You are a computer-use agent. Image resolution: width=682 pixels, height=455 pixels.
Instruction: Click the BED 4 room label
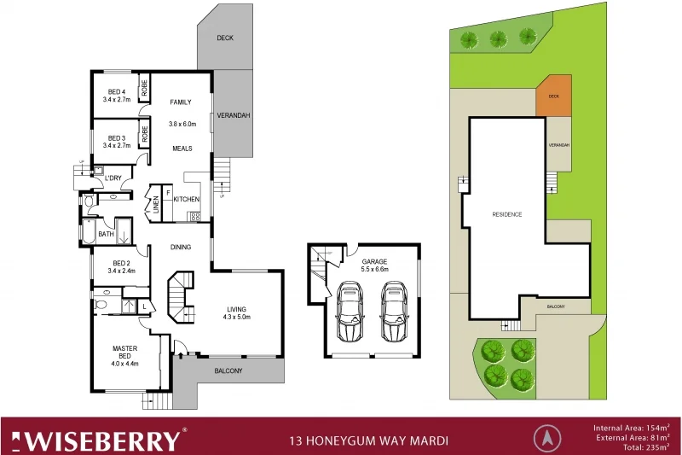tap(118, 92)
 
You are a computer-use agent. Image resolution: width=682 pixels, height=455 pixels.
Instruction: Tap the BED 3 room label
tap(118, 137)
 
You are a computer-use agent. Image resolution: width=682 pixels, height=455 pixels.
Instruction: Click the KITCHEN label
tap(187, 200)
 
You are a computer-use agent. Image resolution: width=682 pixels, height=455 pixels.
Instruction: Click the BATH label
tap(106, 233)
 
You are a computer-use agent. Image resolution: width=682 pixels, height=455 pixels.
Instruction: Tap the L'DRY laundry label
tap(113, 178)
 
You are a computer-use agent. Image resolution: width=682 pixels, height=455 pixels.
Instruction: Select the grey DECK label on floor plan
tap(224, 38)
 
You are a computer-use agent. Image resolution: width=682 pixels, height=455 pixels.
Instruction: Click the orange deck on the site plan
tap(554, 96)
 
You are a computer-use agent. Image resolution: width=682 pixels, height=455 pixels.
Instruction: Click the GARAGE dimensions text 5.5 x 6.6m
tap(374, 269)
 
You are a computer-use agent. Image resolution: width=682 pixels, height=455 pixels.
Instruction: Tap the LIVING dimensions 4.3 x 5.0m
tap(238, 317)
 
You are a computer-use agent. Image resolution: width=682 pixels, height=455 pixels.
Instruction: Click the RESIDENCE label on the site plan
tap(506, 214)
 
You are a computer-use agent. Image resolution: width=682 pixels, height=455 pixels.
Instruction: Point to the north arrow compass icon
tap(546, 438)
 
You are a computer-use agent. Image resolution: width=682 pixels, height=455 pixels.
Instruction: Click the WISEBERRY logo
tap(102, 439)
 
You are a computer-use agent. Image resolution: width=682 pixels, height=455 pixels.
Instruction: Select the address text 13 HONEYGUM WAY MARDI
tap(369, 441)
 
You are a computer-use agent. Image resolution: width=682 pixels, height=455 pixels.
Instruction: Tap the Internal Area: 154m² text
tap(631, 426)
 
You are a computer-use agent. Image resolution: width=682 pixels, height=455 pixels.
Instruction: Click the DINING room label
tap(180, 248)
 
